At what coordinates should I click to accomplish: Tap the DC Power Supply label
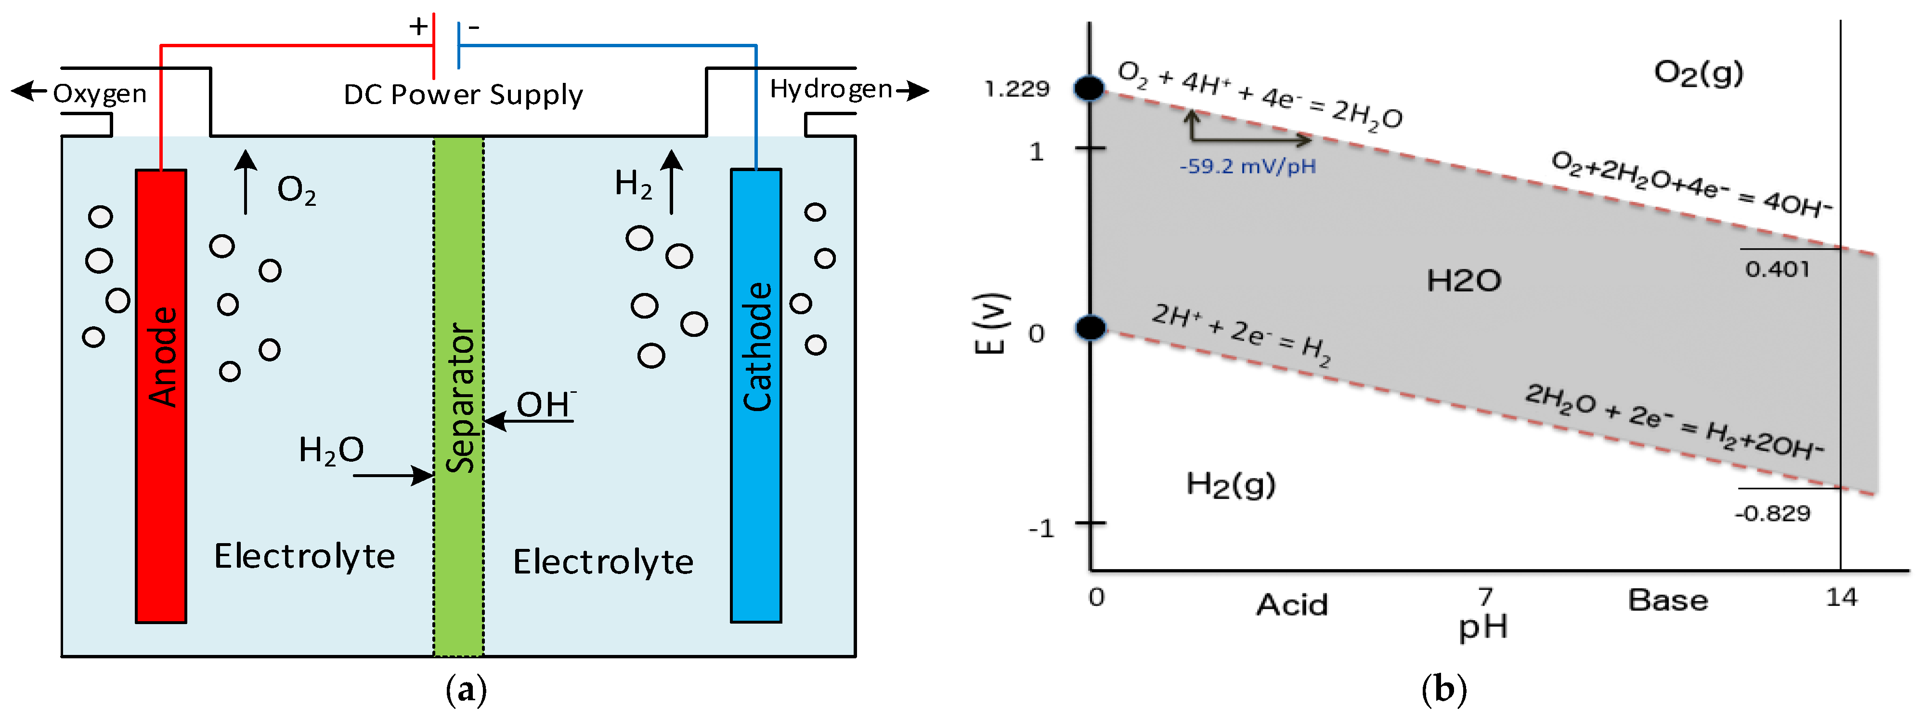tap(463, 95)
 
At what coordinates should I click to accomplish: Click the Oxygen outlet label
tap(99, 93)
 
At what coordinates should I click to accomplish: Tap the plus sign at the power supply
tap(418, 27)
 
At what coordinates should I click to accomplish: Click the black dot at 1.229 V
tap(1090, 88)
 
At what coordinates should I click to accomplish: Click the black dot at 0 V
tap(1091, 327)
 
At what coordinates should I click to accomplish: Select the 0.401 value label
tap(1777, 269)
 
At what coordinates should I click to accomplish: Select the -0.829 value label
tap(1772, 514)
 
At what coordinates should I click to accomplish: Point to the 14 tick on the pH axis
tap(1841, 598)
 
